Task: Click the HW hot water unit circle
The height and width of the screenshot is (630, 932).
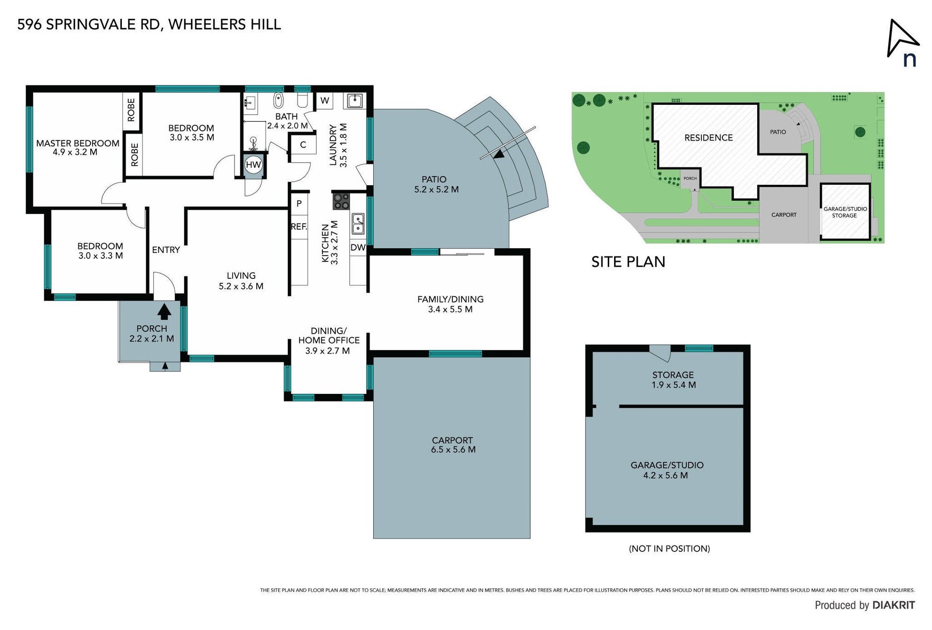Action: [253, 165]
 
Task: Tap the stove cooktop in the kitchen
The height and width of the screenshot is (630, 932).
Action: [341, 201]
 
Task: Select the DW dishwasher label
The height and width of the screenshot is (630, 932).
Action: [358, 247]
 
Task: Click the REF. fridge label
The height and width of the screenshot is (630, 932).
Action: [299, 226]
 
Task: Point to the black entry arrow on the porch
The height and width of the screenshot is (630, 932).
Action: [164, 311]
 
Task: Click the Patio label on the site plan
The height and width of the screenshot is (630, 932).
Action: [778, 132]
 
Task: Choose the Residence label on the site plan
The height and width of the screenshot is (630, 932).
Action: [709, 138]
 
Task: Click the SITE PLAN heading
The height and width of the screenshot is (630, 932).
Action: [628, 262]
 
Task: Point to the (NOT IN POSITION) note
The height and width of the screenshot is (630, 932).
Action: [669, 549]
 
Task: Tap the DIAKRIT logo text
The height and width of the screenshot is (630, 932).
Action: [894, 605]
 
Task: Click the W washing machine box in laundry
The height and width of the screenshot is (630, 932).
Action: [325, 101]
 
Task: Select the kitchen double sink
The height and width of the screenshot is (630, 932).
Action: [358, 223]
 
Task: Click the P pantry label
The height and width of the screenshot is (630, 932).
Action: [299, 204]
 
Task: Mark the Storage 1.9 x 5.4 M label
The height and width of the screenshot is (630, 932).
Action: [673, 380]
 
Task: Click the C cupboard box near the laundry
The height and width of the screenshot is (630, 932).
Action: [303, 145]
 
